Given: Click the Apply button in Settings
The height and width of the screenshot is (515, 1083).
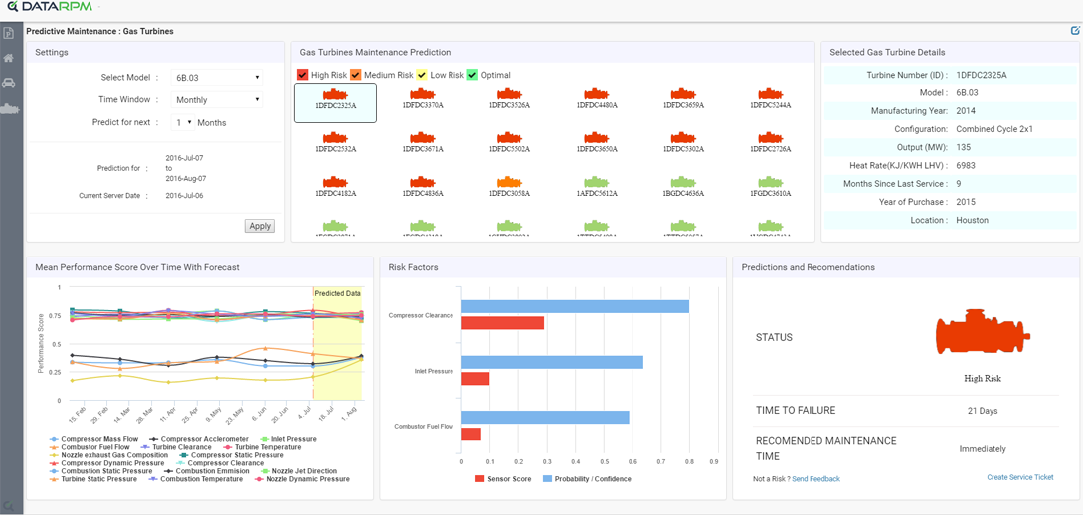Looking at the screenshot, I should tap(260, 226).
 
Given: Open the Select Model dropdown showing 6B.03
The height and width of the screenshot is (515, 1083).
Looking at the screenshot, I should tap(216, 77).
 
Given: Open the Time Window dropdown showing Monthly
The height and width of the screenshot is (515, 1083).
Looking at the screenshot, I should tap(216, 99).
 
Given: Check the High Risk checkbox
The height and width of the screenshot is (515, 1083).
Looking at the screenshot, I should tap(303, 75).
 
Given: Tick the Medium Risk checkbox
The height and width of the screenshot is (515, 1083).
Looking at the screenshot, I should tap(356, 75).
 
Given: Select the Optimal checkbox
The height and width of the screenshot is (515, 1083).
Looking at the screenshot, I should tap(473, 75).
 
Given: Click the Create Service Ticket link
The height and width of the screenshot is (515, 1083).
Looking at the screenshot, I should tap(1019, 477).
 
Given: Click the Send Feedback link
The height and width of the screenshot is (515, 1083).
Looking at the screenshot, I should tap(815, 479).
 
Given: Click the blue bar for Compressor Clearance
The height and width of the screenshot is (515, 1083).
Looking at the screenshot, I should tap(575, 306).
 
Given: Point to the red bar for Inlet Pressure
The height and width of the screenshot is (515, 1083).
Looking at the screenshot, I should tap(475, 379).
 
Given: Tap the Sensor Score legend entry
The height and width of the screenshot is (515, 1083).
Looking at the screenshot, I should tap(503, 479).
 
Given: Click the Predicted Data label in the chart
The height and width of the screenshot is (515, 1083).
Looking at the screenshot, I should tap(337, 293).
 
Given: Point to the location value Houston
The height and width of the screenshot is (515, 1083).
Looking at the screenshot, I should tap(972, 220).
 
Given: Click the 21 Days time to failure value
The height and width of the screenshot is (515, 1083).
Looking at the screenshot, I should tap(982, 411).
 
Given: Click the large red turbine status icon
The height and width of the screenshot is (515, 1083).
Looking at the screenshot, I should tap(982, 333).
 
